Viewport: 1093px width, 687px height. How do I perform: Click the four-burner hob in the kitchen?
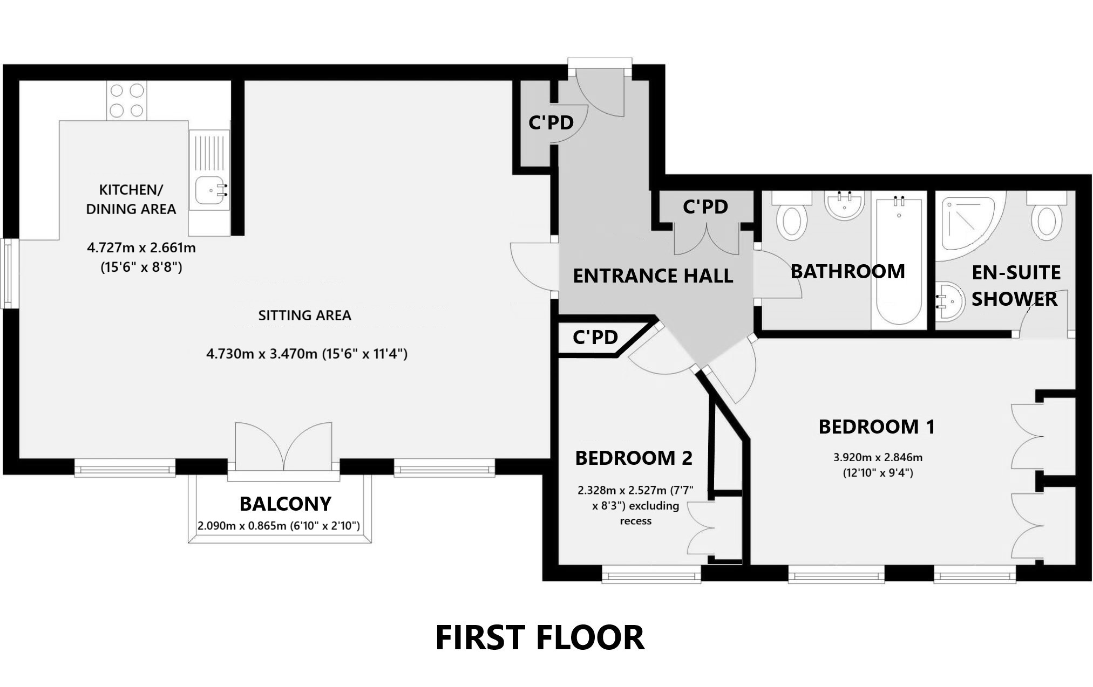[126, 100]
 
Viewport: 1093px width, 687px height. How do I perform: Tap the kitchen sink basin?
[209, 190]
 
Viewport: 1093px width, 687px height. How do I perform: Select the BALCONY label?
[285, 504]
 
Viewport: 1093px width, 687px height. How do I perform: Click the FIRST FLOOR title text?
[539, 637]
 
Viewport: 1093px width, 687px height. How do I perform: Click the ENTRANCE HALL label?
[653, 276]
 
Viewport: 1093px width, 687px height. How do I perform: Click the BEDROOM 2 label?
[633, 458]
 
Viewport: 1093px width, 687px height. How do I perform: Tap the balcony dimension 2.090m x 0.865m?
[279, 525]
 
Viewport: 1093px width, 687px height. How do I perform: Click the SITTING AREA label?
[304, 315]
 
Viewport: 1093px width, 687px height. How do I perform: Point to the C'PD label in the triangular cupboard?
[595, 338]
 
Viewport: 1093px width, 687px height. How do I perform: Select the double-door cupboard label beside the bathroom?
[705, 207]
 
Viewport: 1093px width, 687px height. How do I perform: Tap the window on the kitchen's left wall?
[9, 273]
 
